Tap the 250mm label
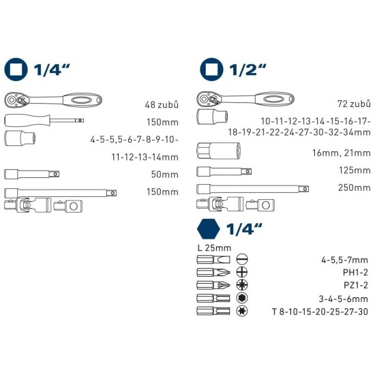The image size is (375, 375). coord(353,187)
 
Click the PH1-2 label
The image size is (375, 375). coord(354,272)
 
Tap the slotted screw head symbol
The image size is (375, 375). coord(241,259)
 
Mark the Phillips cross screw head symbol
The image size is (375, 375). coord(241,272)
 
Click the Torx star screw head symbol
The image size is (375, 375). coord(241,311)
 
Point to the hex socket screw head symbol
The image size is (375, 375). coord(241,298)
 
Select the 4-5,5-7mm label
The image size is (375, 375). coord(346,259)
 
